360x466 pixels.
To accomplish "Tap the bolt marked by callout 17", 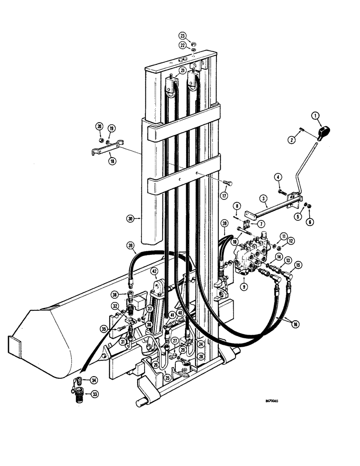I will tap(227, 182).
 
